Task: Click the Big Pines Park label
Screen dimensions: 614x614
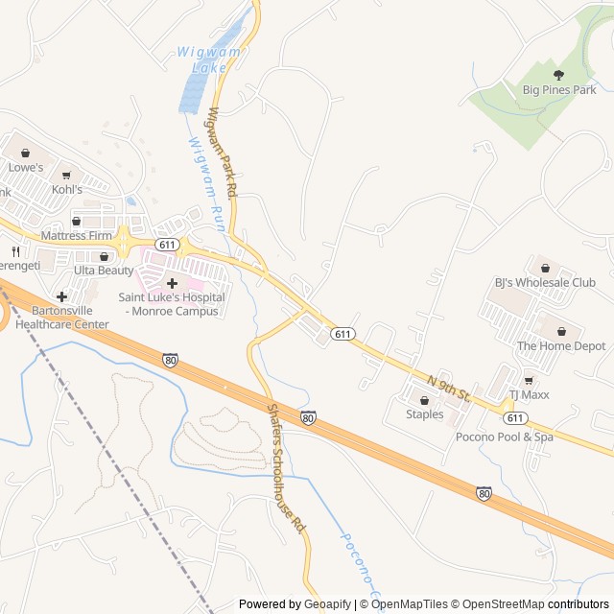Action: (x=559, y=90)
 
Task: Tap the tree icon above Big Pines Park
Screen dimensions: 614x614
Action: (x=559, y=73)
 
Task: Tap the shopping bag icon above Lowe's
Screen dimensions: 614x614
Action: (x=26, y=152)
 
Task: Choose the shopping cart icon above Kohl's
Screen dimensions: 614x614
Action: (x=67, y=175)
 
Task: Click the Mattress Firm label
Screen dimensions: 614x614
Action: (x=77, y=236)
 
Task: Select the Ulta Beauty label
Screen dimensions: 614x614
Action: (x=104, y=271)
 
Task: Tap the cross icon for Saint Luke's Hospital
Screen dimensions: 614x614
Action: (x=172, y=282)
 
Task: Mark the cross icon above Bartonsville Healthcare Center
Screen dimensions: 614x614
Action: (x=61, y=296)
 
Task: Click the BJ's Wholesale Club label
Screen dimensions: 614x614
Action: (x=545, y=283)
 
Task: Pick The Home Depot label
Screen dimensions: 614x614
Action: (x=561, y=345)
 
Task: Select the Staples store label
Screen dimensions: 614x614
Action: (x=424, y=414)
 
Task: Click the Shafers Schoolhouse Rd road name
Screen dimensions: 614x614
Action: (x=285, y=467)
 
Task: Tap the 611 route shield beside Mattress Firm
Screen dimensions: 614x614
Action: (x=168, y=246)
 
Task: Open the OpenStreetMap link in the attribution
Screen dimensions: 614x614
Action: (x=499, y=604)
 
